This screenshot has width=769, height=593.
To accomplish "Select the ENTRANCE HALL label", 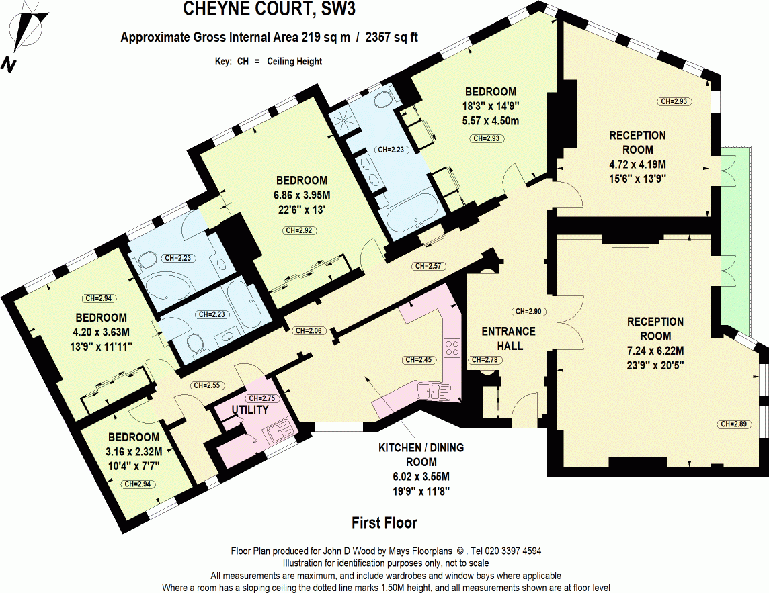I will point(508,338).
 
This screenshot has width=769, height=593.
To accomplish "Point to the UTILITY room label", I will point(250,410).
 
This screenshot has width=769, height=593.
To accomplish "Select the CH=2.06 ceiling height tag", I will point(309,330).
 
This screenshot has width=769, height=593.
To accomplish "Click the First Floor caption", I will point(384,522).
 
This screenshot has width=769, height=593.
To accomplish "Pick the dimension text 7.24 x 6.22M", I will point(655,350).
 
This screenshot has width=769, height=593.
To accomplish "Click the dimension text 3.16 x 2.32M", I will point(134,451).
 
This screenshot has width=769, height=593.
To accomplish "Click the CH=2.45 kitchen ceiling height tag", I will point(420,360).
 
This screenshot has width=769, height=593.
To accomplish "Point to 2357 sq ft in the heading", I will point(391,38).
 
